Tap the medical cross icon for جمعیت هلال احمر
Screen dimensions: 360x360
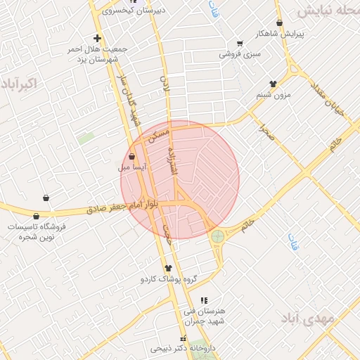[x=97, y=37]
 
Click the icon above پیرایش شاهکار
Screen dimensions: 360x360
[x=280, y=22]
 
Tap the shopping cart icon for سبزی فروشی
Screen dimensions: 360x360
[x=240, y=43]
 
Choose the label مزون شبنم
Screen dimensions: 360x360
[x=272, y=94]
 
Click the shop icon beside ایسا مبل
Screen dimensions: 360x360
[x=132, y=156]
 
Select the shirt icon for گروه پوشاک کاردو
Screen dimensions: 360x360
[x=167, y=268]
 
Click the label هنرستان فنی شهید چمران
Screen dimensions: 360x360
[x=204, y=316]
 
